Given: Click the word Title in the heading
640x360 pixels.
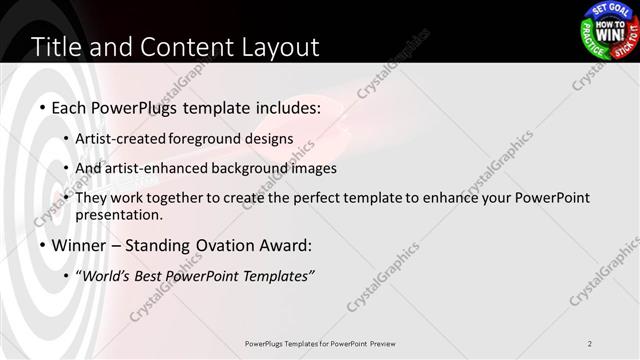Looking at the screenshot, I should [58, 46].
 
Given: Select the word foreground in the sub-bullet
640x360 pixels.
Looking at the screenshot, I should [216, 139].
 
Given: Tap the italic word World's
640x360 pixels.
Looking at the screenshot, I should [108, 275].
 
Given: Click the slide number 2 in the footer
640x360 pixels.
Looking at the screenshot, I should [590, 343].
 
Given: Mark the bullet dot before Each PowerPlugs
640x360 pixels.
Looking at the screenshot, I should [42, 107].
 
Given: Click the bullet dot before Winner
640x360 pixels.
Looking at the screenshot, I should [42, 245].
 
